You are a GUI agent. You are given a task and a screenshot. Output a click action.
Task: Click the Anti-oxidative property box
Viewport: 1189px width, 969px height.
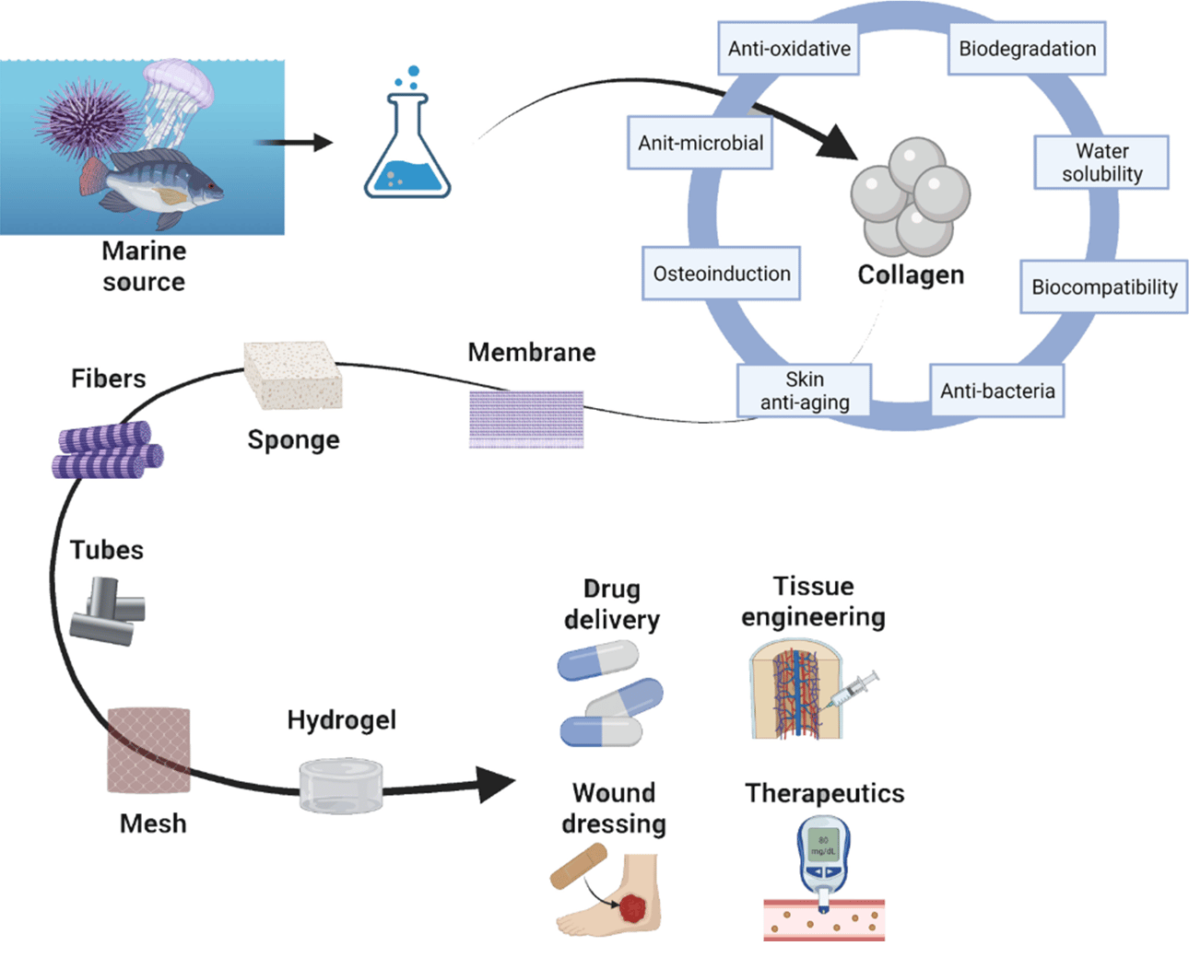coord(789,49)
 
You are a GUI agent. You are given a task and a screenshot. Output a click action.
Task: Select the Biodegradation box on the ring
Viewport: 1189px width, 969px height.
coord(1027,49)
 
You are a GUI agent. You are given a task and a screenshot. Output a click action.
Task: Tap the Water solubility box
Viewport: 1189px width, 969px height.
coord(1101,163)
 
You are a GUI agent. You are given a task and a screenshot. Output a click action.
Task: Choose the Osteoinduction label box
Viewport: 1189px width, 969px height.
coord(721,274)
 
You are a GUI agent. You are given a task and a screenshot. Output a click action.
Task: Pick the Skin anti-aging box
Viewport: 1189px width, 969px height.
coord(805,391)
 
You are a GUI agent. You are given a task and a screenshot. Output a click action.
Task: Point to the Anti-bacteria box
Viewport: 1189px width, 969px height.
coord(997,391)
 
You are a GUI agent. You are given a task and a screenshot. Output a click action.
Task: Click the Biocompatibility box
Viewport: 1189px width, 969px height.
coord(1103,287)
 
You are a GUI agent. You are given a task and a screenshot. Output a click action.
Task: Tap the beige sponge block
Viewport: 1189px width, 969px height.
coord(292,376)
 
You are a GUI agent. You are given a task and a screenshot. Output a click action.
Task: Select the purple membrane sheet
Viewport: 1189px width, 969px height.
coord(526,419)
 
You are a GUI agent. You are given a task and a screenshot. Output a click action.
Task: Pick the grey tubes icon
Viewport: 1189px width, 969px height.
coord(108,611)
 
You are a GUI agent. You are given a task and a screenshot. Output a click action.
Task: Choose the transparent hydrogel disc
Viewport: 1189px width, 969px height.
coord(341,786)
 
